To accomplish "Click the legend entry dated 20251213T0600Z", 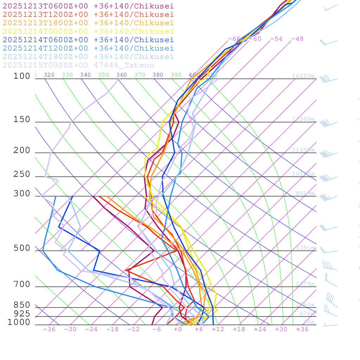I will (x=88, y=6).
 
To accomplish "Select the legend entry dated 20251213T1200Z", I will (x=88, y=14).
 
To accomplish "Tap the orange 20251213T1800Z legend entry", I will (x=88, y=23).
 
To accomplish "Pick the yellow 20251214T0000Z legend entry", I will (x=88, y=31).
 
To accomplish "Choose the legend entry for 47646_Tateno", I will (x=78, y=65).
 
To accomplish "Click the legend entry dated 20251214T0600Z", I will (x=88, y=40).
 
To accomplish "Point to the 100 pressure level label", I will (x=22, y=76).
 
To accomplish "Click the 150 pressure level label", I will (x=22, y=120).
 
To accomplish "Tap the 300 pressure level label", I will (x=22, y=194).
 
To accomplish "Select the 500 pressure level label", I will (x=22, y=248).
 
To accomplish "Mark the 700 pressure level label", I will (x=22, y=284).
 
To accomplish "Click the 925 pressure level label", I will (x=22, y=314).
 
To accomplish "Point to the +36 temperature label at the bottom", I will (x=302, y=329).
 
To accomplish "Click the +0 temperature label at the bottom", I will (x=178, y=329).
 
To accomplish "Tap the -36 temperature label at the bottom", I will (x=49, y=329).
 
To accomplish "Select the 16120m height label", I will (x=303, y=76).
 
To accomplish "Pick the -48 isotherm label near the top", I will (x=297, y=39).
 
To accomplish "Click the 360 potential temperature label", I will (x=122, y=75).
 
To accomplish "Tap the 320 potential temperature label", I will (x=49, y=75).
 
